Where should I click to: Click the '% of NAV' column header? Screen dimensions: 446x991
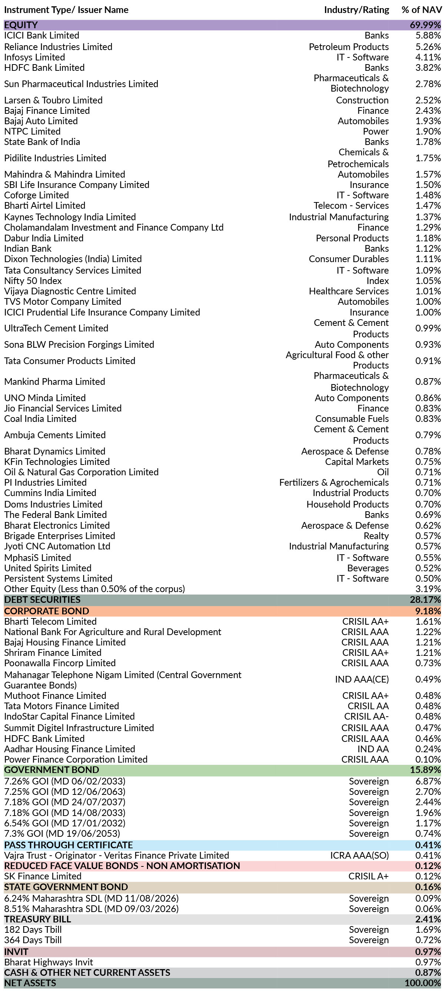click(x=422, y=10)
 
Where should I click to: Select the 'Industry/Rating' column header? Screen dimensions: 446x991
click(x=356, y=10)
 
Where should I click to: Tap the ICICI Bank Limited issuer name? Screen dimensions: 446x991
click(x=41, y=35)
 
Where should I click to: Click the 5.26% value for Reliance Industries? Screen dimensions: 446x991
click(x=428, y=47)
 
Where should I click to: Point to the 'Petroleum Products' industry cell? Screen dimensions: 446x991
click(x=349, y=47)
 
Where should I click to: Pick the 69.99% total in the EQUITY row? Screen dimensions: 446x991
click(x=425, y=25)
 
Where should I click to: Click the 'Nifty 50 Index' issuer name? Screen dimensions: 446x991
click(x=33, y=281)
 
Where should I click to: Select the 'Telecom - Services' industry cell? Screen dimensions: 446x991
click(x=351, y=205)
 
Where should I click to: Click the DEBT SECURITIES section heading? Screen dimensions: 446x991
click(x=42, y=599)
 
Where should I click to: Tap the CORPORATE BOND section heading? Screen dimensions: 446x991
click(x=47, y=611)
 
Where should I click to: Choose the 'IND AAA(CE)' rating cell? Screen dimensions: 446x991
click(x=362, y=679)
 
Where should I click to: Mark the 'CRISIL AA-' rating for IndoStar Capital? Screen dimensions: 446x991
click(x=366, y=716)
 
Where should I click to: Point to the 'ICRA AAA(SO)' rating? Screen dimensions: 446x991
click(x=359, y=855)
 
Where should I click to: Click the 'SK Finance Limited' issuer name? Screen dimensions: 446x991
click(x=43, y=876)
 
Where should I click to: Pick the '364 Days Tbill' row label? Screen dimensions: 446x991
click(x=33, y=940)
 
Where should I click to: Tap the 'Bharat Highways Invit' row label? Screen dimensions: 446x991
click(x=49, y=962)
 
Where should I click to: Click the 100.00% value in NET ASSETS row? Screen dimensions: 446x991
click(x=423, y=983)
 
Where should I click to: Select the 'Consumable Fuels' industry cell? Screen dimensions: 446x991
click(x=352, y=419)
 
